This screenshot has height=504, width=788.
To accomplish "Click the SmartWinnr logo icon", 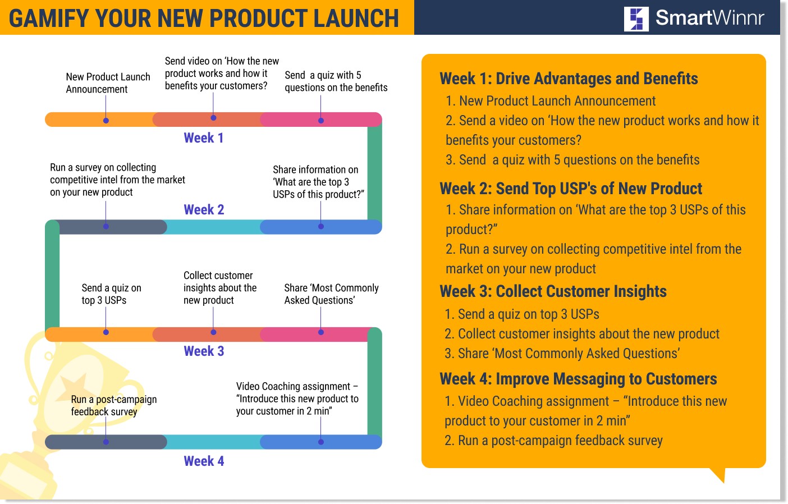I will coord(636,19).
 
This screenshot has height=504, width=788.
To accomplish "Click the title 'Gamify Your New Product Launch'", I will coord(204,18).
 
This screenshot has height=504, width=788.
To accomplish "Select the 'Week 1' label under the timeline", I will coord(204,138).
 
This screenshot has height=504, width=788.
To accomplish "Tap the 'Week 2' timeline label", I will coord(204,210).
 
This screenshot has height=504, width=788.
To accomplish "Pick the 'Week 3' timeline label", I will coord(204,351).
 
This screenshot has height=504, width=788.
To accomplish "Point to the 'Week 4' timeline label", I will coord(204,461).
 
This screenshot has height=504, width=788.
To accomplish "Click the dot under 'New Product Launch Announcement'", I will coord(106,120).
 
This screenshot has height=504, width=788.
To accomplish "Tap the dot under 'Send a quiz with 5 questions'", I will coord(321,120).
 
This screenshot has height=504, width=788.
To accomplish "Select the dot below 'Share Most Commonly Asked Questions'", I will coord(321,332).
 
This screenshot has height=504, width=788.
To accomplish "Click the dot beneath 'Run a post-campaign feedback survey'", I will coord(106,442).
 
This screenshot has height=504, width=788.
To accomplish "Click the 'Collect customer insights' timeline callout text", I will coord(219,288).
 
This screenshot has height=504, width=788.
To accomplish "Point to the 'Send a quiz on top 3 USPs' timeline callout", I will coord(111,294).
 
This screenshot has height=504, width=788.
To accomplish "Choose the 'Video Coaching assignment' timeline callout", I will coord(297,398).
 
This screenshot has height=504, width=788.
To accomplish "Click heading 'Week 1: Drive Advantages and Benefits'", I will coord(568,79).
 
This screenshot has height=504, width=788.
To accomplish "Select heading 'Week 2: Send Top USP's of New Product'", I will coord(570,189).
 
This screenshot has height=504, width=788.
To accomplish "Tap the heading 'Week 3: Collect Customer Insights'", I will coord(553,291).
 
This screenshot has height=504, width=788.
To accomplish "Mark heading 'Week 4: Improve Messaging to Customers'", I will coord(578,379).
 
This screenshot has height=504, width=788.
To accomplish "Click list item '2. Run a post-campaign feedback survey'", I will coord(553,441).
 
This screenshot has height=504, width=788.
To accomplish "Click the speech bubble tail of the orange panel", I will coord(719,474).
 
